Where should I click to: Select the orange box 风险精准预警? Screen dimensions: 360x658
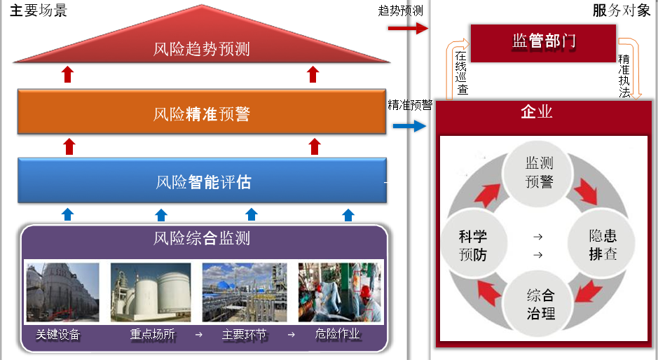(x=201, y=112)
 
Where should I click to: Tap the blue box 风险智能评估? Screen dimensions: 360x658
(x=203, y=182)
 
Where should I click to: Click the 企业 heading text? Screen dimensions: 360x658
(x=537, y=112)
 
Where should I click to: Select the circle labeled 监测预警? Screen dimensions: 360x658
(x=539, y=172)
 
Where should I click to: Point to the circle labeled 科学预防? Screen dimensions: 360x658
(x=473, y=245)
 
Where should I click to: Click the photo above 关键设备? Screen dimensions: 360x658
(x=63, y=292)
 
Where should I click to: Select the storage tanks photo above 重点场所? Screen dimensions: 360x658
(x=151, y=292)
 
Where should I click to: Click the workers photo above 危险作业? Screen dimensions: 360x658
(x=339, y=292)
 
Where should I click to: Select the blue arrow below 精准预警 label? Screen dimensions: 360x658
(x=409, y=126)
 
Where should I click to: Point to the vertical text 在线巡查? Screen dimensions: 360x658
(x=461, y=73)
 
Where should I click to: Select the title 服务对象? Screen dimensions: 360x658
(x=621, y=10)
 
